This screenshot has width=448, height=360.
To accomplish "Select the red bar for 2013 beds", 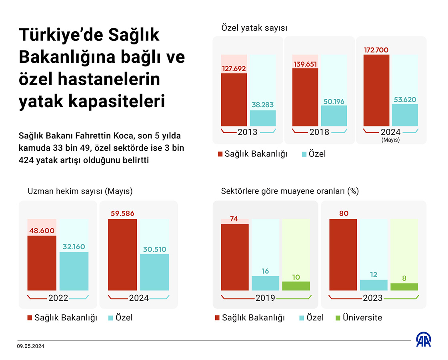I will click(234, 100).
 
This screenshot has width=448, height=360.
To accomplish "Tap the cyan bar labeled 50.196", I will click(334, 116).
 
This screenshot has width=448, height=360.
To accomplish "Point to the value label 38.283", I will click(263, 105).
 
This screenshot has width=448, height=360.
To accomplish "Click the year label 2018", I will click(319, 132).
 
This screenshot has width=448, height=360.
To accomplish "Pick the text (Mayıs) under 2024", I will click(390, 140).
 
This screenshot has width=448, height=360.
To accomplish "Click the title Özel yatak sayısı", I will click(254, 28).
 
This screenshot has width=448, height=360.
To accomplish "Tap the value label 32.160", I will click(74, 247).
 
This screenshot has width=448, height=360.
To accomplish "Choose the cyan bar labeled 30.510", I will click(154, 272).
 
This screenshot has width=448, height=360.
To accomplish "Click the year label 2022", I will click(58, 298).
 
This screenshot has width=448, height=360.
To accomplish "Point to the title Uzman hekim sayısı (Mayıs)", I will click(80, 191).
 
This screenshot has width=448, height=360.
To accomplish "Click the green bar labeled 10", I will click(296, 286).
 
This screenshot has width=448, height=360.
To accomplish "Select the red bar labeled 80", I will click(343, 254).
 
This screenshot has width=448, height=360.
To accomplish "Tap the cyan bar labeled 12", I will click(374, 285).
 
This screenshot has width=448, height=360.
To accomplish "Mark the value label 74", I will click(234, 219).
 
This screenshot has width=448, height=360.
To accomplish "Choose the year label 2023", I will click(373, 298).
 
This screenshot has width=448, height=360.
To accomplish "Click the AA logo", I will click(424, 340).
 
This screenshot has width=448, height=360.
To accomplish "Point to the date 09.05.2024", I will click(30, 347).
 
